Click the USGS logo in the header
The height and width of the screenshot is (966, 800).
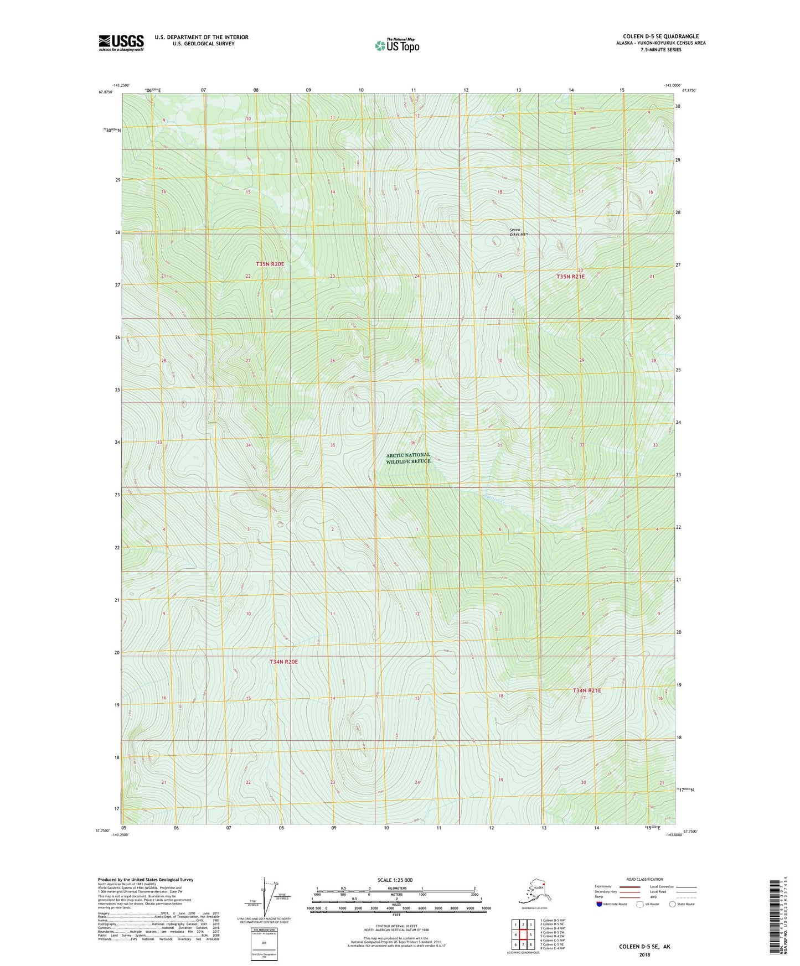click(121, 43)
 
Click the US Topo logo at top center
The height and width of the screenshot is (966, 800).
click(396, 45)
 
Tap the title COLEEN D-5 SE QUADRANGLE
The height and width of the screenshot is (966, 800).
click(660, 37)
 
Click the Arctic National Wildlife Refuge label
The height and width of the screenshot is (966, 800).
click(408, 458)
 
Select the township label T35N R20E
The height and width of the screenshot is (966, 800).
click(270, 264)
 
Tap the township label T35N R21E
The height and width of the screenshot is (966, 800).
click(570, 276)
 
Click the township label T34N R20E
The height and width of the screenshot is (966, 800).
click(283, 662)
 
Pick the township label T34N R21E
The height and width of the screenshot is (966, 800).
click(586, 690)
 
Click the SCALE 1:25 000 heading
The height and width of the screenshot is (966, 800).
click(395, 880)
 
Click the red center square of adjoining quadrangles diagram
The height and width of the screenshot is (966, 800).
click(523, 935)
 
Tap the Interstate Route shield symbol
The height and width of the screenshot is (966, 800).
click(600, 904)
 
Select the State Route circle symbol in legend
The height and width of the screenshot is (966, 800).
click(673, 904)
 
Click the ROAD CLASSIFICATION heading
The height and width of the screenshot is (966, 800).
click(644, 879)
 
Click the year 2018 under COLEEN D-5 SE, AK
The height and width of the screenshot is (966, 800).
click(644, 954)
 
